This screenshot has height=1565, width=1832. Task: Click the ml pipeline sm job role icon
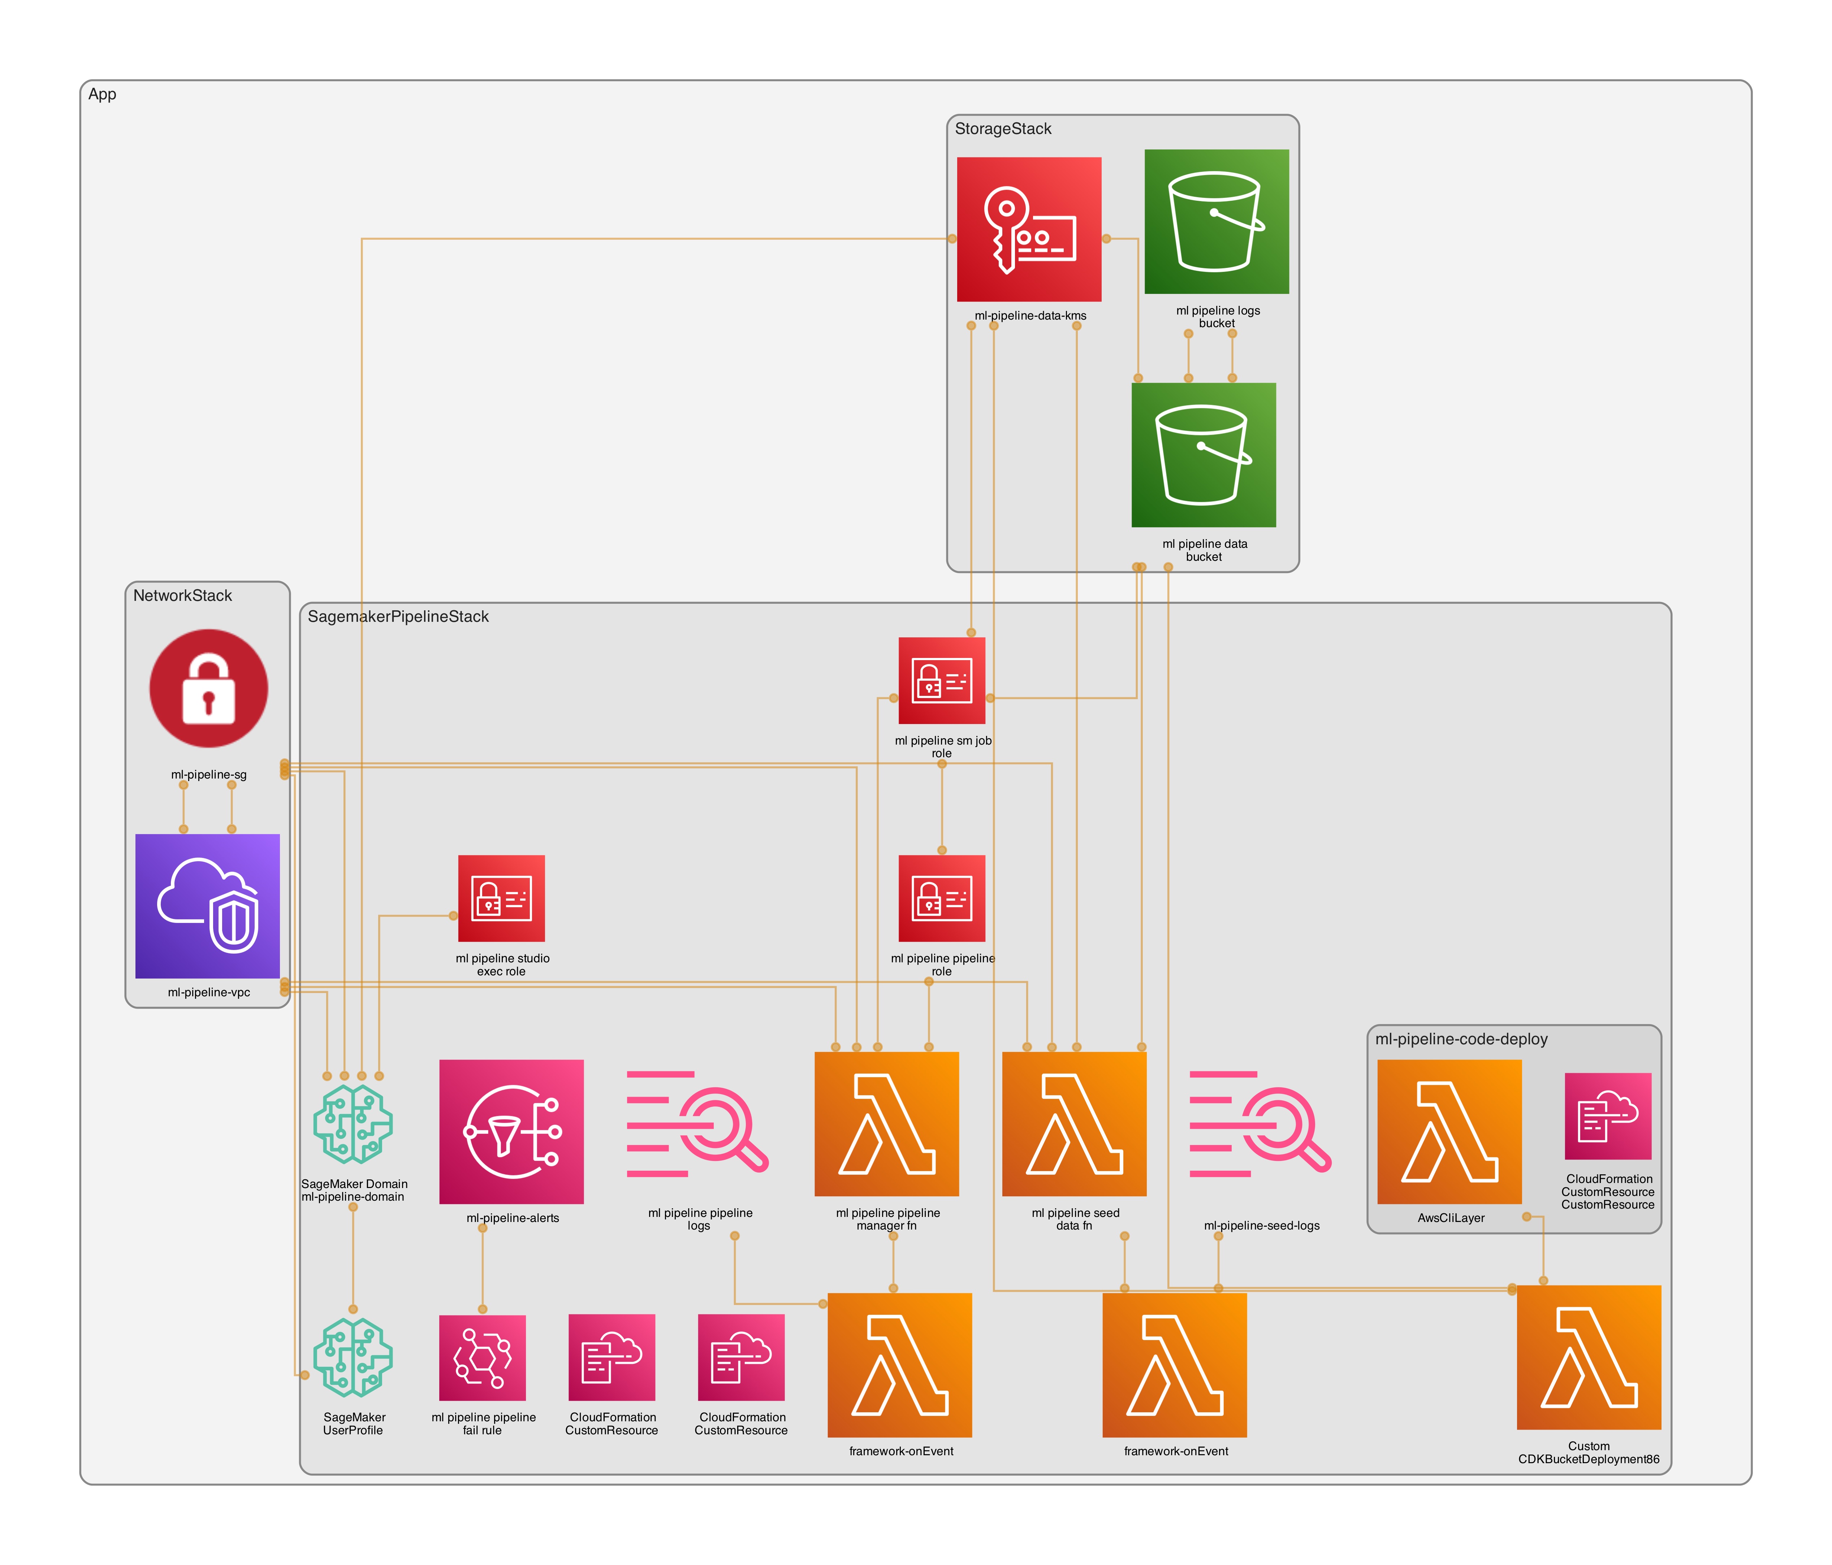[x=942, y=680]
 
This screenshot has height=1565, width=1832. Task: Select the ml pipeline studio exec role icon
[x=501, y=898]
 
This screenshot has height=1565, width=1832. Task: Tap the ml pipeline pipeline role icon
[x=942, y=898]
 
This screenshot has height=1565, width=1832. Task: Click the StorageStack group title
[x=1003, y=129]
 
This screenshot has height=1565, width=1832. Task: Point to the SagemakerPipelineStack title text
[x=398, y=617]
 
